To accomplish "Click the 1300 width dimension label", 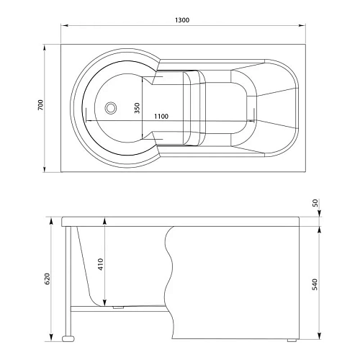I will [181, 20].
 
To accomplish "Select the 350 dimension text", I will [137, 108].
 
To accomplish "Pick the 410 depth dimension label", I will [101, 264].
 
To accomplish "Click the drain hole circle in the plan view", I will [111, 109].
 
